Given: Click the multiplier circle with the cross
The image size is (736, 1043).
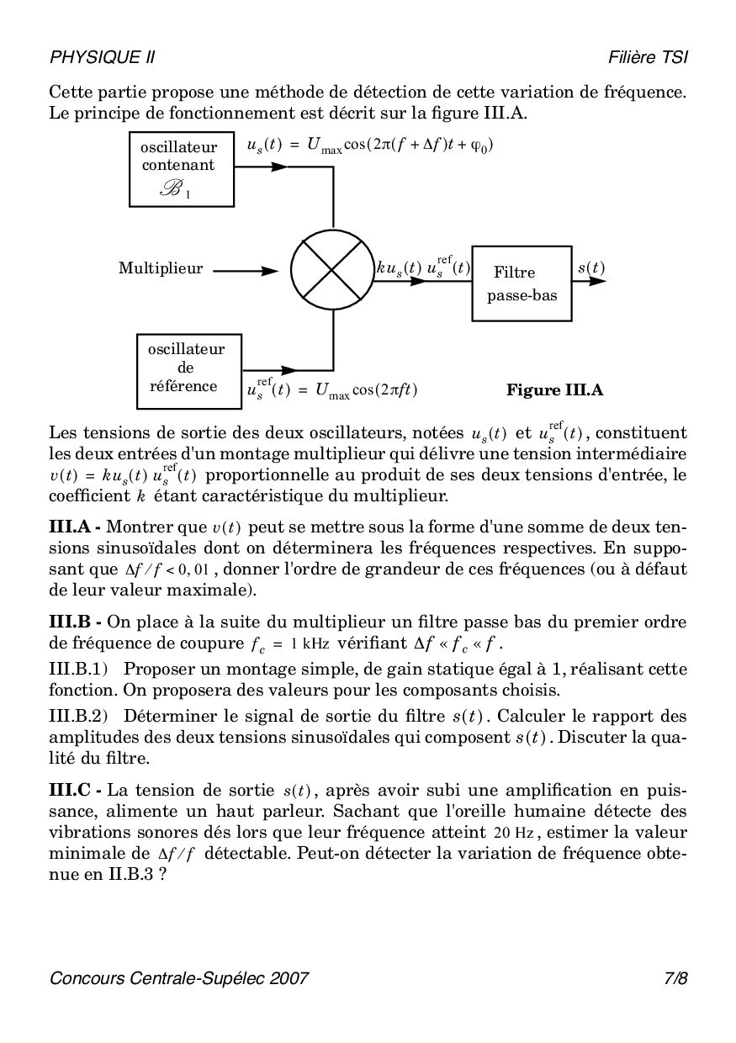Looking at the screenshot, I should (x=333, y=272).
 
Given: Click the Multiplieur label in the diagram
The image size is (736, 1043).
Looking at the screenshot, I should (x=161, y=269).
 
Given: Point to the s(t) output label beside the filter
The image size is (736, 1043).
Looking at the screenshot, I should (x=590, y=268).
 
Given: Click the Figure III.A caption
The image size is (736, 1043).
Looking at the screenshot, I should (x=554, y=390).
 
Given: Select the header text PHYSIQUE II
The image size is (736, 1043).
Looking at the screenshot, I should (x=103, y=57).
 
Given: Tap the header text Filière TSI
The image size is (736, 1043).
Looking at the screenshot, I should (x=648, y=57).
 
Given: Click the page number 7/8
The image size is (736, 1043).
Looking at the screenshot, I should (x=675, y=978).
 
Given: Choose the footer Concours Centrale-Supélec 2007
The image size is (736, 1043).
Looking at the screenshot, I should (x=179, y=978).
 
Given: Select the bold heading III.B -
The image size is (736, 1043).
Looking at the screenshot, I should (x=75, y=622).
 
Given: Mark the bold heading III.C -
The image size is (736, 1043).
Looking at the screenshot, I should (x=75, y=790).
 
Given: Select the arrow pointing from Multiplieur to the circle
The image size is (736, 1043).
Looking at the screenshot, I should (x=246, y=271).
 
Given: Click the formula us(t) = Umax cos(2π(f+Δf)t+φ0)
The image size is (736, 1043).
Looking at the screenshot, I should (x=370, y=145).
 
